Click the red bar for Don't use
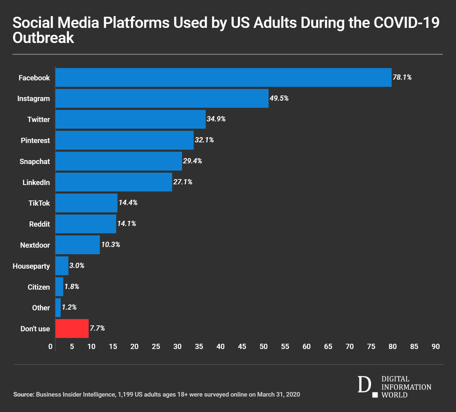tap(72, 328)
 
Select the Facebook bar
tap(223, 77)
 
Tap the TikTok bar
tap(86, 203)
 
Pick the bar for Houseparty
tap(62, 266)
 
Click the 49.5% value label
tap(279, 98)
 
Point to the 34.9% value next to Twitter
tap(216, 119)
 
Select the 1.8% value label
tap(72, 287)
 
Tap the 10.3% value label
tap(111, 245)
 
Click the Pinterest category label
tap(35, 140)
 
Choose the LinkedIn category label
tap(36, 182)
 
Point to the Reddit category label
tap(39, 224)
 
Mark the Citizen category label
tap(39, 287)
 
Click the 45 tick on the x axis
tap(242, 347)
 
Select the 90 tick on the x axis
tap(436, 347)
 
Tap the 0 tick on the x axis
tap(50, 347)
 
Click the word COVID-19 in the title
tap(406, 23)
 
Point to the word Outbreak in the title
tap(43, 38)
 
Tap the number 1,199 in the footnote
tap(126, 394)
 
